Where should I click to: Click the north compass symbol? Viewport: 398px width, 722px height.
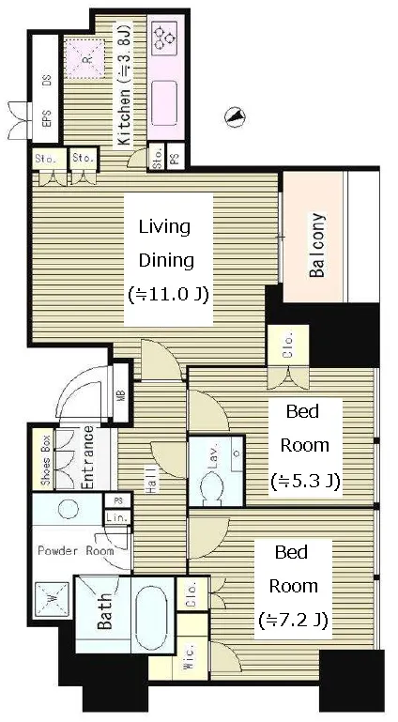(235, 117)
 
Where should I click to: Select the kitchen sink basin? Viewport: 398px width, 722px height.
(164, 102)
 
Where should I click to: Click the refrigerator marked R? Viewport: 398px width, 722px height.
(84, 58)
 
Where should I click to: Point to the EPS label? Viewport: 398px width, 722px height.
(47, 120)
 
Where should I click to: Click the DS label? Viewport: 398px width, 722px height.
(47, 81)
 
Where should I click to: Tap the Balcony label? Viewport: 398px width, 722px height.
(317, 246)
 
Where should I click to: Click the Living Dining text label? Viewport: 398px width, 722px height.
(165, 243)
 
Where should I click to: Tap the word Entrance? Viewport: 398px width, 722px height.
(88, 457)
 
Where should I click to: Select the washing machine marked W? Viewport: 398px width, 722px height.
(52, 599)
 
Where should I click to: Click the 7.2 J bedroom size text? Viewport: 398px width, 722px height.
(293, 621)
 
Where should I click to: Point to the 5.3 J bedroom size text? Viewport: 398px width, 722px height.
(305, 482)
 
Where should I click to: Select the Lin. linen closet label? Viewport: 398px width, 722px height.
(116, 517)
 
